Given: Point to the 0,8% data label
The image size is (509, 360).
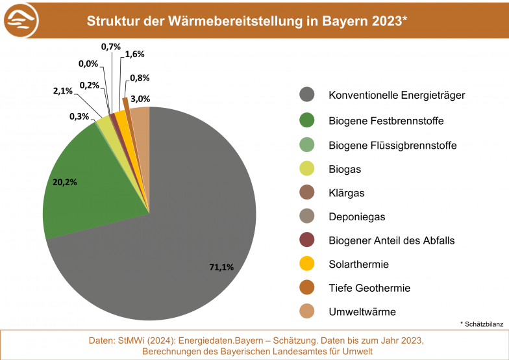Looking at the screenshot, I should tap(140, 77).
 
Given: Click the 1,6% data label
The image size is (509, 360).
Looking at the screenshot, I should tap(134, 54).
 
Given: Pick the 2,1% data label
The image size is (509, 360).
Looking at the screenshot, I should tap(62, 91).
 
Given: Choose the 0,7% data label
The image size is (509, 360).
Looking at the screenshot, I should tap(110, 47).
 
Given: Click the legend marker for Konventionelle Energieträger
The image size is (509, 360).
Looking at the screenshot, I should tap(307, 95).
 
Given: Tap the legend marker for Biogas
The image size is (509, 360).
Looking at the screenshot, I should tap(307, 169).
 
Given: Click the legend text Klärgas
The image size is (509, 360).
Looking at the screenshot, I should tap(347, 192).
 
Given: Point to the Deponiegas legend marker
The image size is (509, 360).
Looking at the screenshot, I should tap(307, 216).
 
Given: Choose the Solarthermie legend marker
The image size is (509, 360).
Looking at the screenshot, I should tap(307, 264).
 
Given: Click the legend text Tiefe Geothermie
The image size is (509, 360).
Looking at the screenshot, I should tap(369, 288).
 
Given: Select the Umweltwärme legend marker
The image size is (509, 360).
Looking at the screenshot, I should tap(307, 312).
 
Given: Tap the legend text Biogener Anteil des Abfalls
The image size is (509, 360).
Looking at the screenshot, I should tap(391, 240).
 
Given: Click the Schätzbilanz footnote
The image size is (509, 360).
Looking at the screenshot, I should tap(482, 323).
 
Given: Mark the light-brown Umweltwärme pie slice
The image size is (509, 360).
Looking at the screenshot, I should tap(141, 120).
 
